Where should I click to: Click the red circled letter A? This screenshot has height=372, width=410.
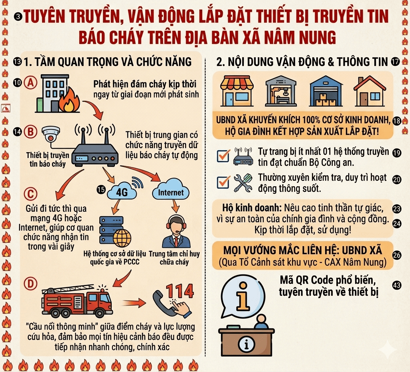pyautogui.click(x=30, y=83)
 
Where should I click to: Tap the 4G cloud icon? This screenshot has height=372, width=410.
pyautogui.click(x=122, y=192)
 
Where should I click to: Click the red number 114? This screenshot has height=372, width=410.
pyautogui.click(x=180, y=290)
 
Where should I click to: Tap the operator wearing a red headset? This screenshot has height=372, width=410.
pyautogui.click(x=176, y=232)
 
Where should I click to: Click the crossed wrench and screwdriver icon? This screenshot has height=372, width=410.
pyautogui.click(x=243, y=183)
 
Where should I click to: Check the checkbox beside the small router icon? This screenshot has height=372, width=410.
pyautogui.click(x=223, y=156)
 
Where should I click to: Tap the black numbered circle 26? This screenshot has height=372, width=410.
pyautogui.click(x=397, y=255)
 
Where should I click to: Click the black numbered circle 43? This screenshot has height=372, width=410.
pyautogui.click(x=397, y=285)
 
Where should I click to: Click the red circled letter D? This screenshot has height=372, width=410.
pyautogui.click(x=30, y=284)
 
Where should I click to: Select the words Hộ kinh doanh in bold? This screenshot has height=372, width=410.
pyautogui.click(x=252, y=208)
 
